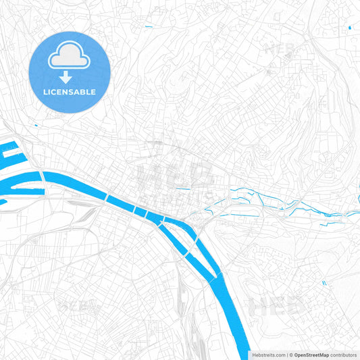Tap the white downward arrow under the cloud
coord(70,77)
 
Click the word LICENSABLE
coord(70,92)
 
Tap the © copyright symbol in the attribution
coord(290,354)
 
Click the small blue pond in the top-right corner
coord(349,28)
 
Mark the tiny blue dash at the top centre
coord(149,26)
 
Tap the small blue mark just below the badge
coord(35,124)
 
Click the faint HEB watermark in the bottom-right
coord(277,307)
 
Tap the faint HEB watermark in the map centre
coord(174,173)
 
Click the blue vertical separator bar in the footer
coord(287,354)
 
